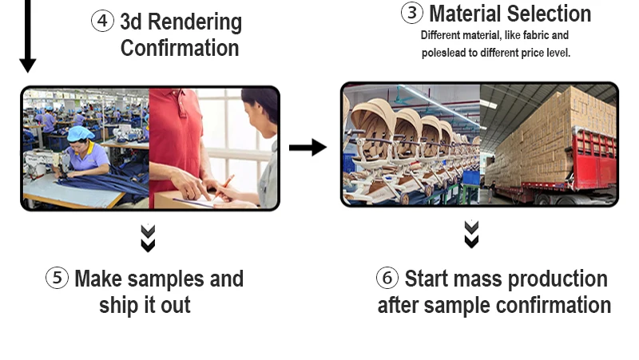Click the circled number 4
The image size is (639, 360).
[x=102, y=21]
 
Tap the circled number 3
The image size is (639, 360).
[x=411, y=13]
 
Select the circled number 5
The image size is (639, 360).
[x=57, y=279]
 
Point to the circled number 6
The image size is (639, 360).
[x=387, y=279]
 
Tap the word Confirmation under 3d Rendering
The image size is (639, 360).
[x=180, y=48]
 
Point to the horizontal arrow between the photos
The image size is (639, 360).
[x=308, y=147]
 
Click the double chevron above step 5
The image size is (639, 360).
[x=148, y=238]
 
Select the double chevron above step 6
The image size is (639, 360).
[x=472, y=234]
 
